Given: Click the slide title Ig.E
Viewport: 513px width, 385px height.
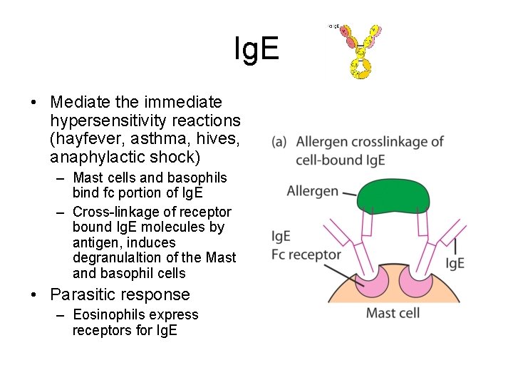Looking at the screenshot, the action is pos(257,50).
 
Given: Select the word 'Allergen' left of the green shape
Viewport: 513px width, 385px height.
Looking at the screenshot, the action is pos(312,190).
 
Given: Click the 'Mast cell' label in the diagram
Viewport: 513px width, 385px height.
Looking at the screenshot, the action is pos(393,312).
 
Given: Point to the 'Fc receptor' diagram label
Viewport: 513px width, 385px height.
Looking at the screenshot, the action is pos(306,254).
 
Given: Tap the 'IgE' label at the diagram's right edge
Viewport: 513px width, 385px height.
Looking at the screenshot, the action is pos(455,263).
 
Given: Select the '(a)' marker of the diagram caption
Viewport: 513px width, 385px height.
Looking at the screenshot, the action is pos(279,142).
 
